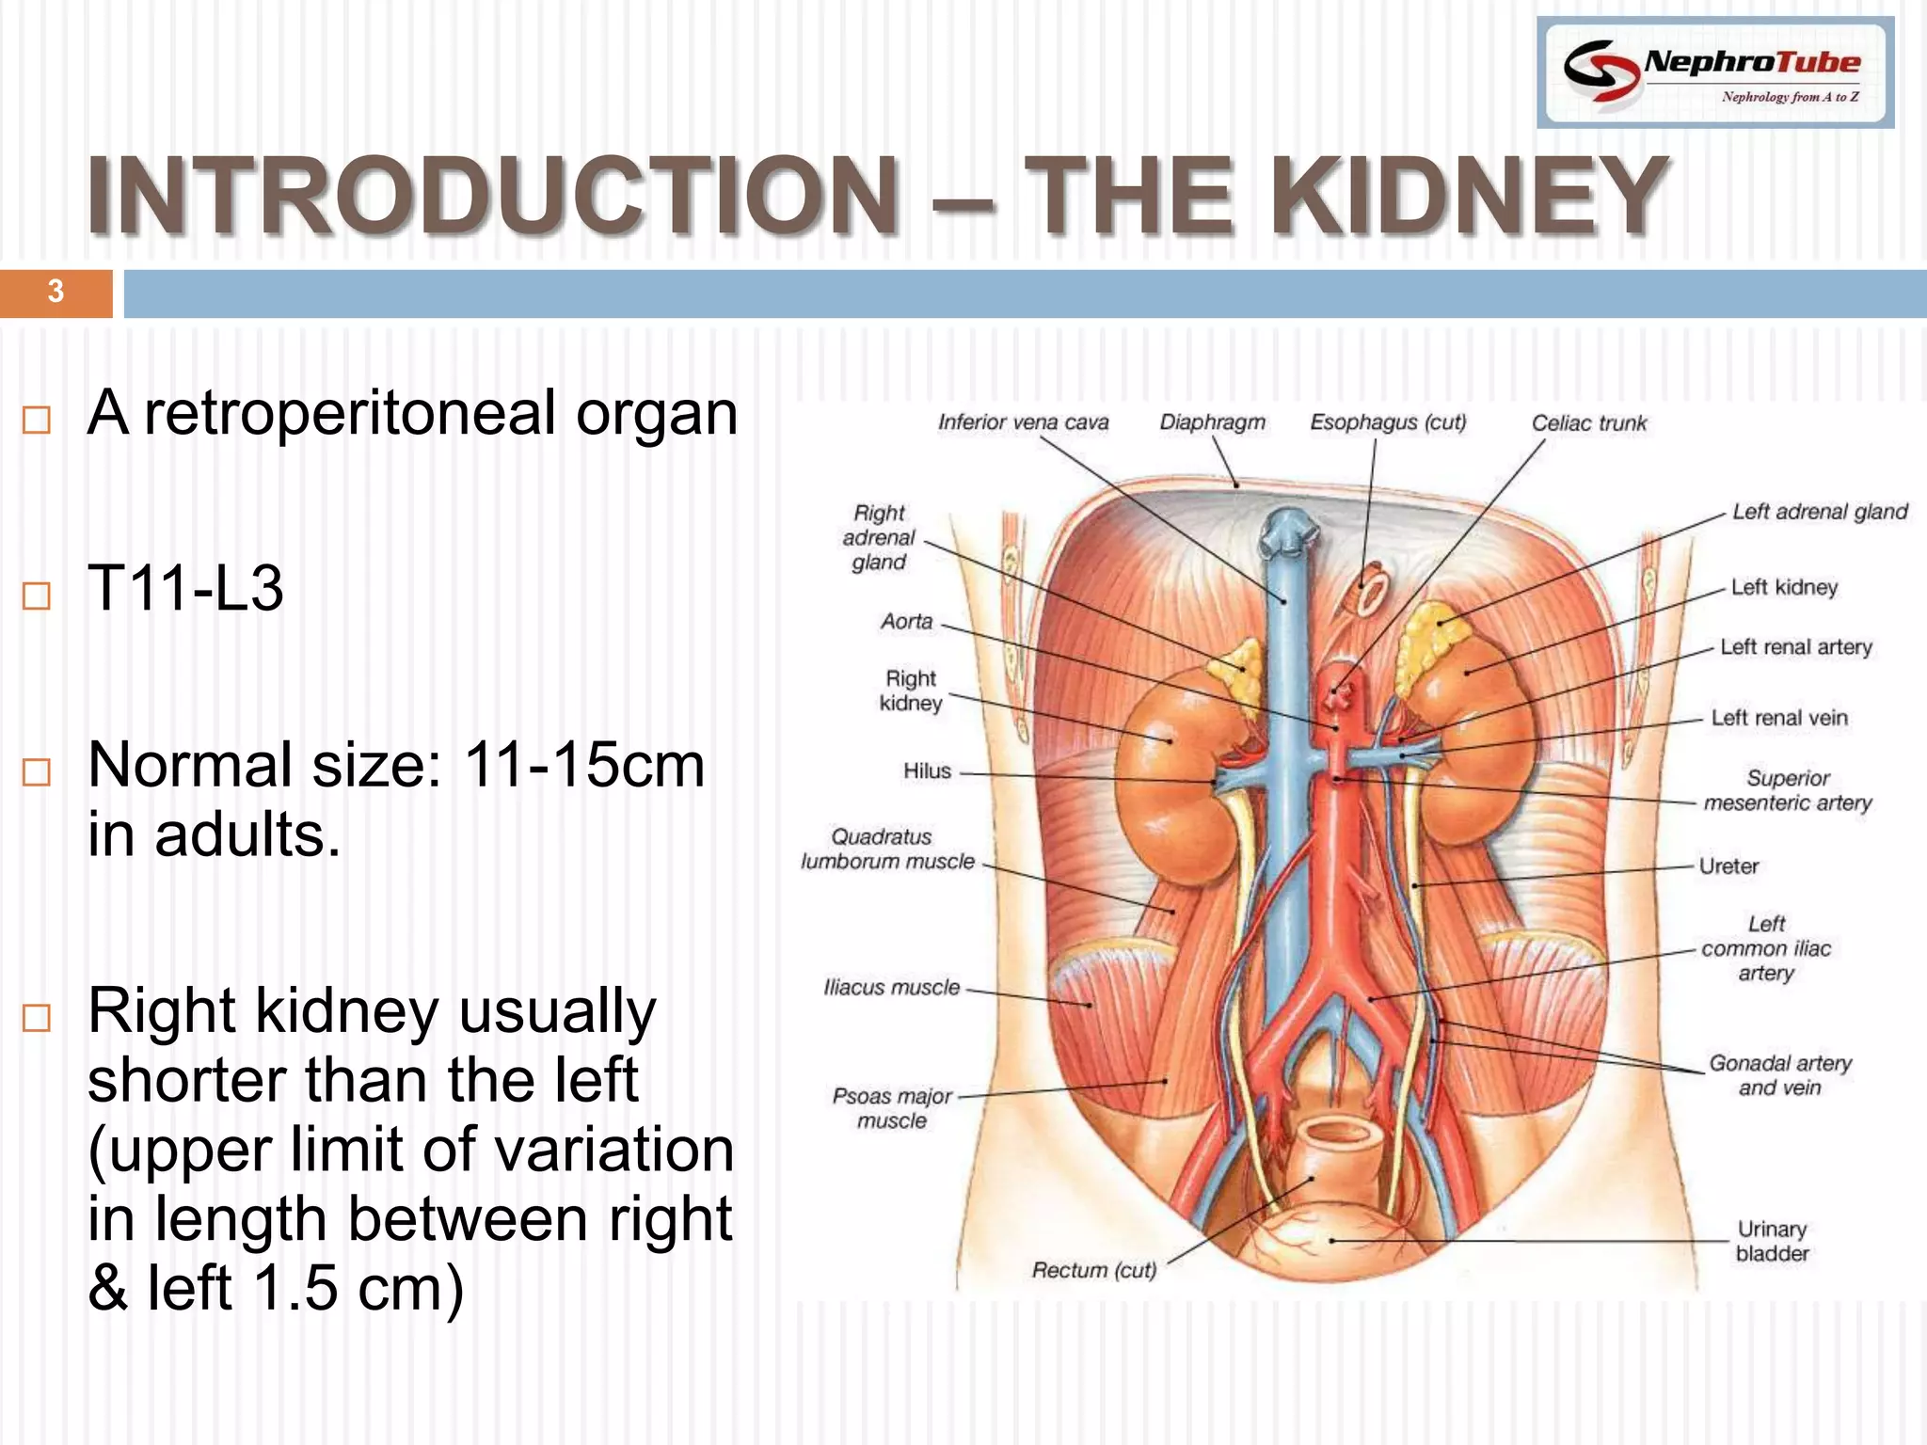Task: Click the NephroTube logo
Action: tap(1714, 72)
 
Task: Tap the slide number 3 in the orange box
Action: tap(56, 292)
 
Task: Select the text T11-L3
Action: tap(185, 589)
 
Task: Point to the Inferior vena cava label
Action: tap(1023, 422)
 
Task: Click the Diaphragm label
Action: tap(1212, 422)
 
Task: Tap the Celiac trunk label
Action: tap(1588, 423)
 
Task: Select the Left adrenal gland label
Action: tap(1819, 512)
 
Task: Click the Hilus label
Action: tap(927, 771)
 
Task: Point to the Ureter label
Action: tap(1728, 866)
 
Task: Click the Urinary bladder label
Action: tap(1772, 1241)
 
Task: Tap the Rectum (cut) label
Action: tap(1093, 1270)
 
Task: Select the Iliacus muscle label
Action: tap(891, 988)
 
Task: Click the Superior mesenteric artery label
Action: tap(1787, 790)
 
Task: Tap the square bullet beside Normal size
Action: tap(37, 772)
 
